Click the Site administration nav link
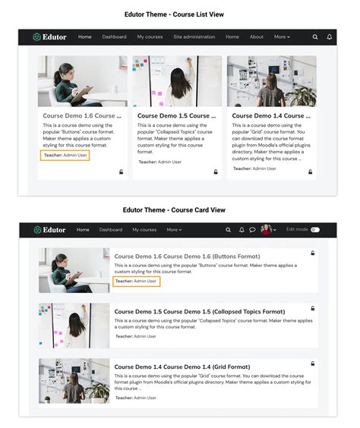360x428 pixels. [194, 36]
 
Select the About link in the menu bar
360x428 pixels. [257, 36]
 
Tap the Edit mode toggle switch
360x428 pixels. [314, 229]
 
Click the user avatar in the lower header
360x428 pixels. [266, 229]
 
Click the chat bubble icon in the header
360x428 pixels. [252, 229]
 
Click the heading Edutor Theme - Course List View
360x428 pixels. [179, 14]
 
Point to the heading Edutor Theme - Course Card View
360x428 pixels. [179, 209]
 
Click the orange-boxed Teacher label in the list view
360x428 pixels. [65, 154]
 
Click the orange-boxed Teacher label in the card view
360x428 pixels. [136, 281]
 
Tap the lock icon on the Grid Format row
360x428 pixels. [312, 364]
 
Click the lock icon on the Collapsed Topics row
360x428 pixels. [312, 309]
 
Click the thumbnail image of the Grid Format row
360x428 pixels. [74, 381]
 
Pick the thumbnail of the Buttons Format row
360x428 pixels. [74, 269]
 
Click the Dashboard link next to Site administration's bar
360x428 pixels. [114, 36]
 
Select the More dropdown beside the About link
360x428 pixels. [282, 36]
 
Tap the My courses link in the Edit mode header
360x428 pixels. [144, 229]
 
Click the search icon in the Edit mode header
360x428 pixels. [228, 229]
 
